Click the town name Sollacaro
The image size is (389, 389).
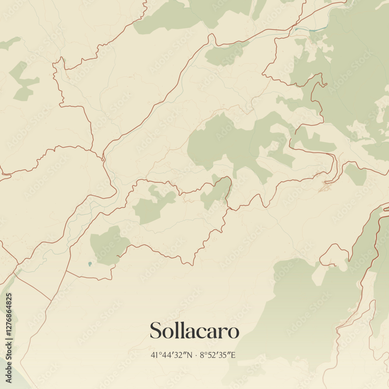pyautogui.click(x=194, y=331)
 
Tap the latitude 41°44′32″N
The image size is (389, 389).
pyautogui.click(x=172, y=355)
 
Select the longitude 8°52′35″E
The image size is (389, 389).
pyautogui.click(x=218, y=355)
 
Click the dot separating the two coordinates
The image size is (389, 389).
pyautogui.click(x=196, y=355)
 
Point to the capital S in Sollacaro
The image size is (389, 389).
pyautogui.click(x=156, y=331)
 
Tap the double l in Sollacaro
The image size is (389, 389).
pyautogui.click(x=178, y=330)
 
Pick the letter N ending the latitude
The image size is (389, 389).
pyautogui.click(x=189, y=355)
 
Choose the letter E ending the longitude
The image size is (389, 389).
pyautogui.click(x=233, y=355)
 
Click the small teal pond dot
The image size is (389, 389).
pyautogui.click(x=90, y=264)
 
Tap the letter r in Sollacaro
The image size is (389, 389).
pyautogui.click(x=224, y=332)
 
